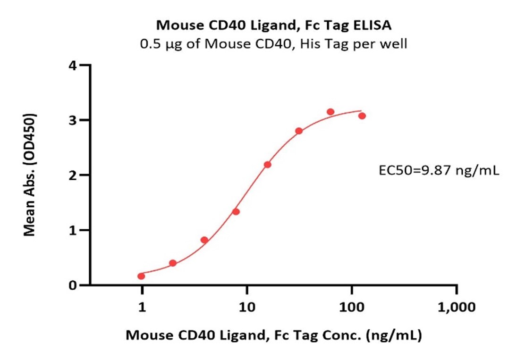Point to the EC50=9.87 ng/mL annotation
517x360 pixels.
pos(439,171)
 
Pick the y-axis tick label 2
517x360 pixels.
pos(72,175)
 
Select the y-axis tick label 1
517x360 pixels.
pos(72,230)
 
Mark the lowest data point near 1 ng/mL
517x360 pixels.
pos(141,276)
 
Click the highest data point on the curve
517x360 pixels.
pos(331,112)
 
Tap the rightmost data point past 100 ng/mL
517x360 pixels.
pos(362,116)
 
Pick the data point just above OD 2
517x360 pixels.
pos(268,165)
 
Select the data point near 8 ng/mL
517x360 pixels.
pos(236,212)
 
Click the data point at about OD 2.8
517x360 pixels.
pos(299,131)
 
